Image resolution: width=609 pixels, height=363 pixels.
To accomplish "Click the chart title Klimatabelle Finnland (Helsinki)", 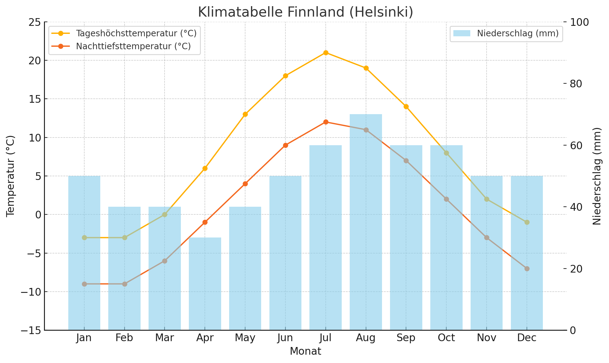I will [305, 12].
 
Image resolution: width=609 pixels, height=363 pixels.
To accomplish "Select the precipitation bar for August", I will [366, 221].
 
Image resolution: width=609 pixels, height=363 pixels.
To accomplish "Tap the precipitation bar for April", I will [205, 283].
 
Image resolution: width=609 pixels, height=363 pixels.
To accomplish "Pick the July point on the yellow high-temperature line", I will [326, 53].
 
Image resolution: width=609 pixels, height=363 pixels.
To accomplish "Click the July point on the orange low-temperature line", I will [326, 122].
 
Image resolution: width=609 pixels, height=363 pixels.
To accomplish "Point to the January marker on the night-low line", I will [84, 284].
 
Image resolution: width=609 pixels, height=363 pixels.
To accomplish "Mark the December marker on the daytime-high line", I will [527, 222].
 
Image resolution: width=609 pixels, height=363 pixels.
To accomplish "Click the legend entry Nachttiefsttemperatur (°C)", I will [133, 46].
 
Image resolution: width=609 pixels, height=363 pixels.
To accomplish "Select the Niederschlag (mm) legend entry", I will [518, 33].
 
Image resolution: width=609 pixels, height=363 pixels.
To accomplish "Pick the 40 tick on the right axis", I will [576, 207].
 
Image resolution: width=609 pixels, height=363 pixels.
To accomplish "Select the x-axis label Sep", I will [406, 338].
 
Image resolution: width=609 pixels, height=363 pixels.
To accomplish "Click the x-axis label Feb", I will [124, 338].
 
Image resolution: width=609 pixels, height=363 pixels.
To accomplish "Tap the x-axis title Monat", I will [305, 351].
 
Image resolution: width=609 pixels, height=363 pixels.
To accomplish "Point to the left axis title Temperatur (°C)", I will [10, 176].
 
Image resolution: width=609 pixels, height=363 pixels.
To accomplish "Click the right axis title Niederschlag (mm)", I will [597, 176].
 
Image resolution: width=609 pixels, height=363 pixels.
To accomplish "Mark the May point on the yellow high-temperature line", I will [245, 114].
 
